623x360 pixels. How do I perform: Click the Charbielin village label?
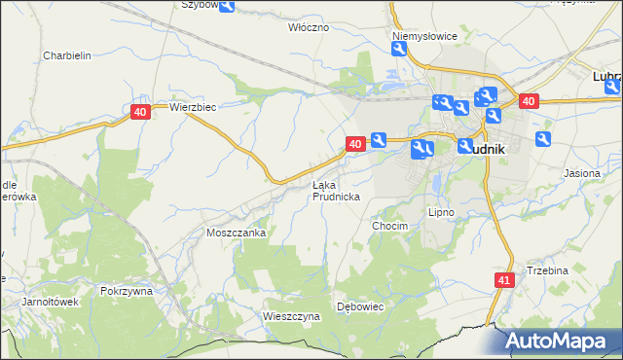coord(67,55)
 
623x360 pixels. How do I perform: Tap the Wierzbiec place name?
coord(192,107)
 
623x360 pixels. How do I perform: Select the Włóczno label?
coord(309,27)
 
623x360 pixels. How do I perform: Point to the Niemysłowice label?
coord(424,36)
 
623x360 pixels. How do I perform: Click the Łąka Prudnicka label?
coord(337,190)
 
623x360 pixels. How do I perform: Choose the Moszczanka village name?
coord(237,233)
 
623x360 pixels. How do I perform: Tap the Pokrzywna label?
coord(127,290)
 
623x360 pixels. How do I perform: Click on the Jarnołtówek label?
coord(50,302)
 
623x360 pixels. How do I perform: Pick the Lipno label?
coord(442,211)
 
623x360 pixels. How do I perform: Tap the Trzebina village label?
coord(547,270)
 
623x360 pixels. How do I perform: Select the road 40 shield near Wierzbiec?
coord(140,113)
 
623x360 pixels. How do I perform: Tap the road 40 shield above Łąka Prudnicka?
coord(355,143)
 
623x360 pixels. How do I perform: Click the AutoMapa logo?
coord(563,341)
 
